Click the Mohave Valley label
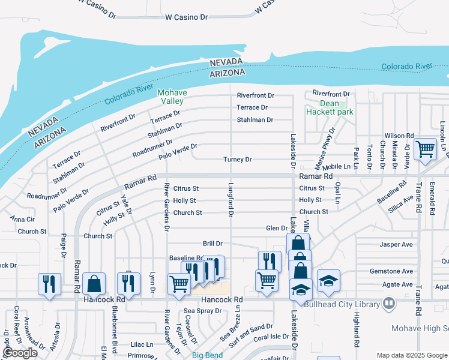tap(172, 97)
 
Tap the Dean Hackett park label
tap(330, 107)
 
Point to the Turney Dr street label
tap(237, 160)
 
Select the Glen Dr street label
tap(277, 228)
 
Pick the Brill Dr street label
tap(212, 244)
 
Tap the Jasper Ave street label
tap(396, 245)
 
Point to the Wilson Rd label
tap(400, 136)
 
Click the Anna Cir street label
tap(22, 219)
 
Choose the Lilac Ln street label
tap(142, 345)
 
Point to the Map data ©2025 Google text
tap(412, 355)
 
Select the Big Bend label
tap(207, 355)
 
